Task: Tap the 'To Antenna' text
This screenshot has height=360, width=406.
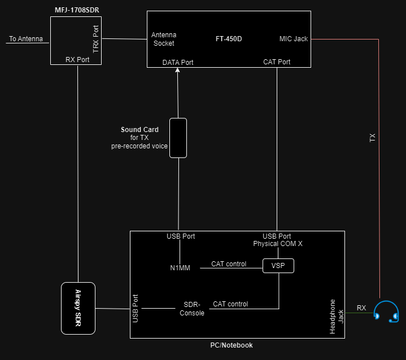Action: (x=26, y=39)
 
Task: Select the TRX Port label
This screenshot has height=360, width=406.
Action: (x=95, y=38)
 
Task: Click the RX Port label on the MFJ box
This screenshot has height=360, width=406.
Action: (x=78, y=59)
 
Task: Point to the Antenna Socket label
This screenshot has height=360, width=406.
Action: (x=164, y=39)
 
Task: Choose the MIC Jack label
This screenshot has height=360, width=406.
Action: (x=294, y=39)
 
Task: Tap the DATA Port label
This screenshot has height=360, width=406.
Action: (x=178, y=62)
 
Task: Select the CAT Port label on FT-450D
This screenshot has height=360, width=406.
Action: (x=277, y=62)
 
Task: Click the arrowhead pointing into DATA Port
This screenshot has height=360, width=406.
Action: (x=178, y=71)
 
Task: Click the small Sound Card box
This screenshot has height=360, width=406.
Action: (x=178, y=138)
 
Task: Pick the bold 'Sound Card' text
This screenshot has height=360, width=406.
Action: (x=139, y=130)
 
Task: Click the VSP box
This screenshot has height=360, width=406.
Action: (x=278, y=265)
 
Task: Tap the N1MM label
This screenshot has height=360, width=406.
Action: (x=180, y=268)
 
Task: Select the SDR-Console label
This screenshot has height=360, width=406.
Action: (x=192, y=309)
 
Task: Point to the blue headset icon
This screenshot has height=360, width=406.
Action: (x=386, y=312)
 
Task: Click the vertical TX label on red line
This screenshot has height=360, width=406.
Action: (x=372, y=137)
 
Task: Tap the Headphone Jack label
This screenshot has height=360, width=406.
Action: (x=337, y=316)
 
